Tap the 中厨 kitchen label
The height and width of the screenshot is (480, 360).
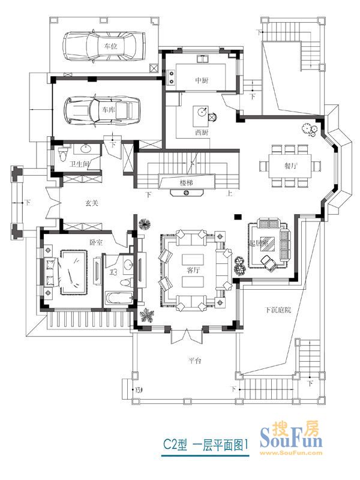(202, 80)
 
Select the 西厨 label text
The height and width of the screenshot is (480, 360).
(202, 131)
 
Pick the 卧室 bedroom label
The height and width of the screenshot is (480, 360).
(96, 242)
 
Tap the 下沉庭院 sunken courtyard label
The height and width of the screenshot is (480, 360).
(278, 310)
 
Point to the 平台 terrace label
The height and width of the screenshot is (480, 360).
(193, 361)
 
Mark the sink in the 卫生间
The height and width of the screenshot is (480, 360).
(86, 149)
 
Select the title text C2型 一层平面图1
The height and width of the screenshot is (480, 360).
(206, 445)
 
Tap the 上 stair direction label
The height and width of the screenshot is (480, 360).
(230, 194)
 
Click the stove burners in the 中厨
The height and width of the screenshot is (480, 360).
(172, 76)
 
